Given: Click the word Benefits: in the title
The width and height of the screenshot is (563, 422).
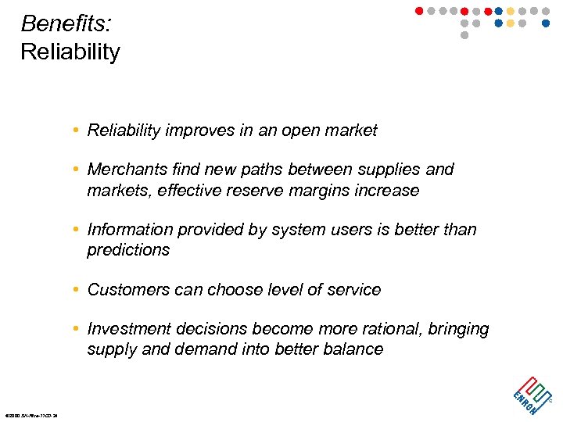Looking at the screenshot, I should pos(66,23).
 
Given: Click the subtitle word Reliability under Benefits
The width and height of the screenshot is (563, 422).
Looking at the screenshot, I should pos(70,52).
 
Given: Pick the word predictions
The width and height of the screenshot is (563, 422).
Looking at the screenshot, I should pos(128,250).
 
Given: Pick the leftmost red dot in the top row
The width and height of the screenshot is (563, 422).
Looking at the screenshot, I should pos(418,11).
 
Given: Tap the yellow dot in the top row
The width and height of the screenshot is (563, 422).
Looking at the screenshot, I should pos(511,11).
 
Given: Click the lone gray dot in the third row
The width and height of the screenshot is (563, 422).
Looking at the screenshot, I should pos(464,35).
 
